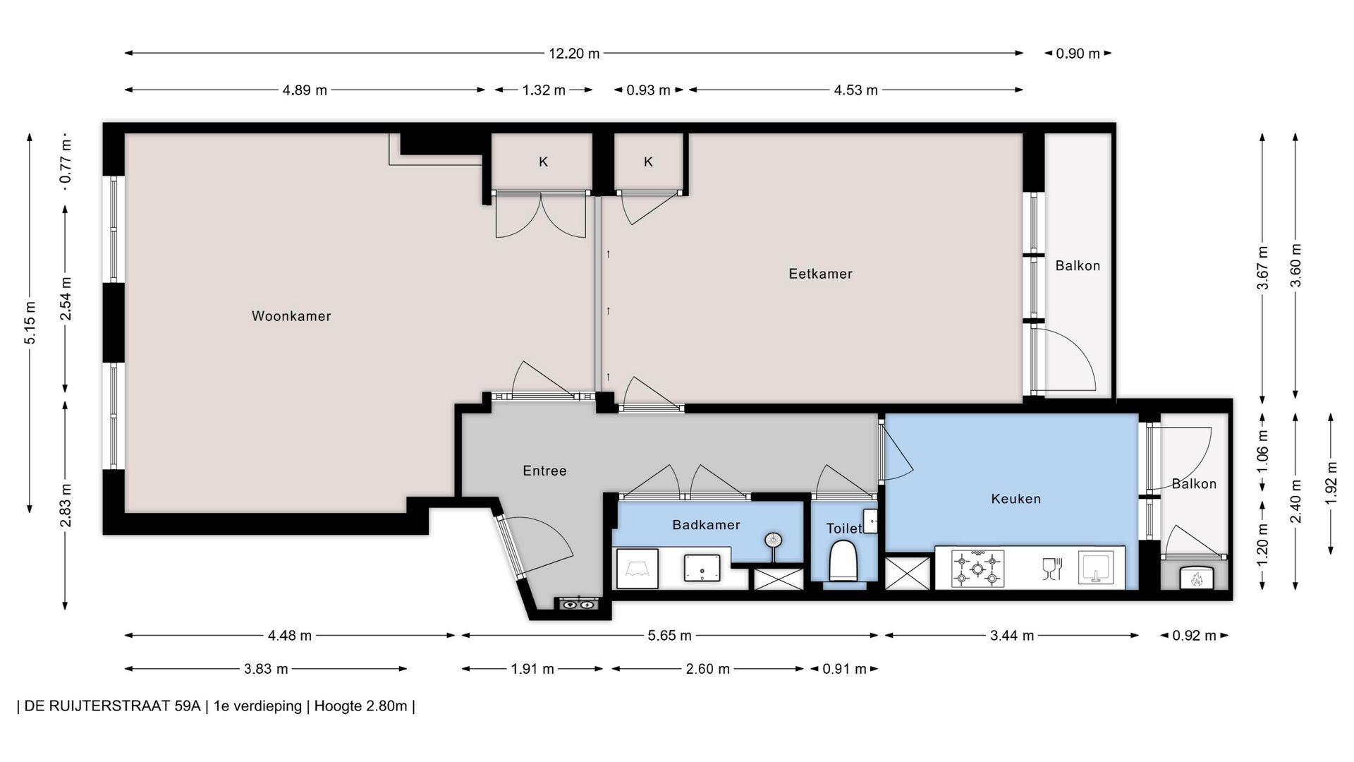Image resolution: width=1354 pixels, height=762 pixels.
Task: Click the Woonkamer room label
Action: coord(291,316)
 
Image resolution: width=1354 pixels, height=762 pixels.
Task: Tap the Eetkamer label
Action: coord(820,274)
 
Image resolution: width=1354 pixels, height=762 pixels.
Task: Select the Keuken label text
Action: coord(1015,499)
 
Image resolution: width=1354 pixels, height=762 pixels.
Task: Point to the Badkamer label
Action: coord(706,525)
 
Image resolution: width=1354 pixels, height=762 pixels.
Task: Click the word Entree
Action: coord(544,471)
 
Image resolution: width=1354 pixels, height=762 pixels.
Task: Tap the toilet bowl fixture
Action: coord(842,561)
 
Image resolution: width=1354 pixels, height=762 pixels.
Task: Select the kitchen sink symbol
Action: coord(1094,567)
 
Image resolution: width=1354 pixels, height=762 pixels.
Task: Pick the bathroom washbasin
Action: coord(702,568)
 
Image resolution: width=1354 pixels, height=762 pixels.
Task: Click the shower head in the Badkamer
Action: coord(773,540)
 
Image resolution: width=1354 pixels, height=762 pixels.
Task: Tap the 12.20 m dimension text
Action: coord(574,53)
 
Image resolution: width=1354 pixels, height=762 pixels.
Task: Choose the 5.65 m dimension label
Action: coord(669,636)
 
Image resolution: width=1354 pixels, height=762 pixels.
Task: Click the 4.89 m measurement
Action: coord(305,90)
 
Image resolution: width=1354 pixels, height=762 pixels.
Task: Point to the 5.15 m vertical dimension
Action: coord(30,322)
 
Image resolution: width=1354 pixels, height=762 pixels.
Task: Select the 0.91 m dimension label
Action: coord(844,669)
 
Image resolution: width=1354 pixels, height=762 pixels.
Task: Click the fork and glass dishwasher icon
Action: coord(1051,568)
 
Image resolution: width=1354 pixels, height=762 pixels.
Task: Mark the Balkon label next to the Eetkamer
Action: coord(1078,266)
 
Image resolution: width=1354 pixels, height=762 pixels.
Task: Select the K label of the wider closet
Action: coord(543,162)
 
